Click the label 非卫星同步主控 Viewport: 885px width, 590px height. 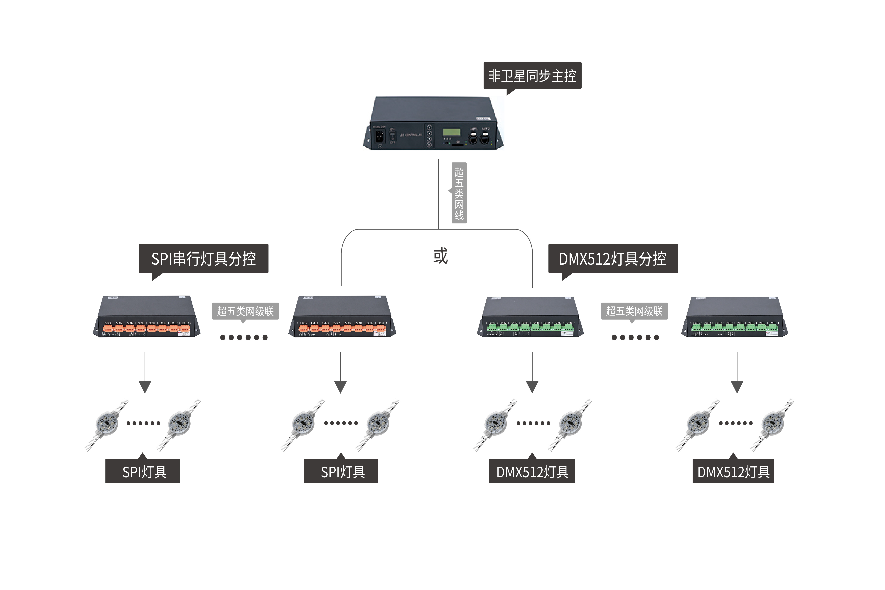pyautogui.click(x=532, y=76)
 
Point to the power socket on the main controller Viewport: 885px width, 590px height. pyautogui.click(x=380, y=136)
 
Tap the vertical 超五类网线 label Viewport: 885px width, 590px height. pyautogui.click(x=459, y=193)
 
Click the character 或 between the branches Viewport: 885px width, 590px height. pyautogui.click(x=440, y=256)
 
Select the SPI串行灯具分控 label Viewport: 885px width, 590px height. pyautogui.click(x=203, y=259)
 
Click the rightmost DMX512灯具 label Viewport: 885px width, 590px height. pyautogui.click(x=733, y=471)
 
